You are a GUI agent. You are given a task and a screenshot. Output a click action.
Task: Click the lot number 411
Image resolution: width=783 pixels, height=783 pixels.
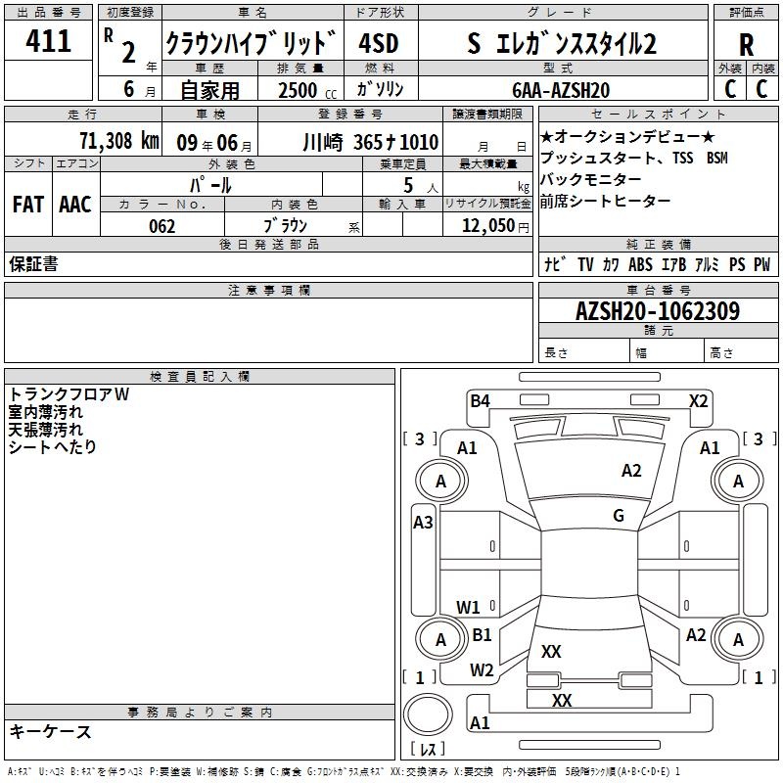pos(48,40)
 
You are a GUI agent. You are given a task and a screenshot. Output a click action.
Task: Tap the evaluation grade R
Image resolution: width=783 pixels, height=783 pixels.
pos(746,45)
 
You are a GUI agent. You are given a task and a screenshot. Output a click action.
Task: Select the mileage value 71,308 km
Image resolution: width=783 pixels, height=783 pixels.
pos(118,140)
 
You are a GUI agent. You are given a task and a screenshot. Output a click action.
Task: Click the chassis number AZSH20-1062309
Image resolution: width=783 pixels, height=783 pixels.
pos(658,310)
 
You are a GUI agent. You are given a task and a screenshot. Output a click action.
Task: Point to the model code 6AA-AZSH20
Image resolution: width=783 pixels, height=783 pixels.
pos(561,90)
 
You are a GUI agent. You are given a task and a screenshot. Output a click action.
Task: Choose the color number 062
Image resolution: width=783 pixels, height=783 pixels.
pos(161,226)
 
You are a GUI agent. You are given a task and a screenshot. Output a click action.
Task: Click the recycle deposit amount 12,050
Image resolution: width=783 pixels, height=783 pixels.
pos(487,226)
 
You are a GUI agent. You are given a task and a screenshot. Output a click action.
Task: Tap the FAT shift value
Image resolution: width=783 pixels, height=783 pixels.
pos(28,205)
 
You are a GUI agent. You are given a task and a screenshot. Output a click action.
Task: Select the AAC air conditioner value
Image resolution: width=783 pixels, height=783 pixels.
pos(75,205)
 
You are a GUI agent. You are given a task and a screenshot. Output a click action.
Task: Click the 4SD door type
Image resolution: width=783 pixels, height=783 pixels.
pos(379,43)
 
